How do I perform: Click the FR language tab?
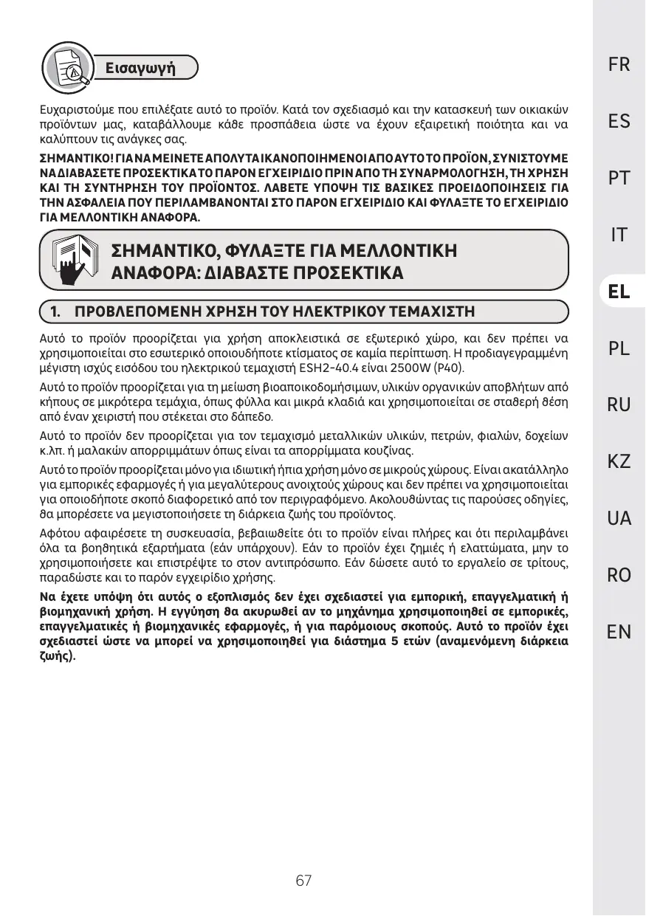click(x=619, y=65)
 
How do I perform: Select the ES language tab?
click(x=619, y=122)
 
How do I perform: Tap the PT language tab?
click(x=619, y=179)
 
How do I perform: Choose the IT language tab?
click(x=619, y=235)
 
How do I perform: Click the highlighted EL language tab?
click(x=619, y=292)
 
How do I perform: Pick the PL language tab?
click(x=619, y=348)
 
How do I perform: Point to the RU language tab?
click(x=619, y=405)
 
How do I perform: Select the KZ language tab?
click(x=619, y=462)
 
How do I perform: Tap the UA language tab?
click(x=619, y=519)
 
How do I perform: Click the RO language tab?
click(x=619, y=576)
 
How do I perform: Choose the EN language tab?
click(x=619, y=632)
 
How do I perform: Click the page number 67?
click(x=303, y=881)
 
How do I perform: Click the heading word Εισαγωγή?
click(x=140, y=69)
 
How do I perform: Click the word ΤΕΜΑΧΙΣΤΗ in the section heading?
click(x=431, y=311)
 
